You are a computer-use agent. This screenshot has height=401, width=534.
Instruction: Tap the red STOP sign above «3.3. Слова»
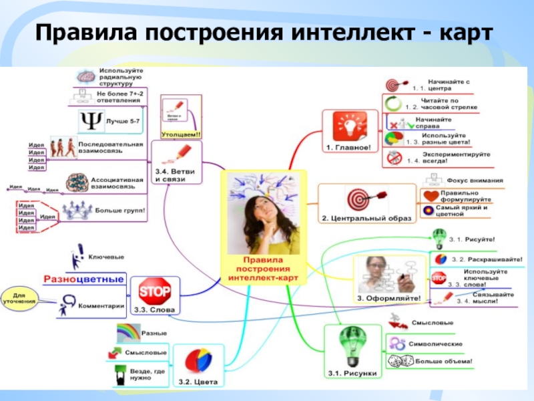pyautogui.click(x=154, y=291)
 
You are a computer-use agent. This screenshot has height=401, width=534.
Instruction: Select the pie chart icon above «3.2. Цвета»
pyautogui.click(x=198, y=361)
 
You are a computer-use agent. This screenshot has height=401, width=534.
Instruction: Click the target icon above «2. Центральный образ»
pyautogui.click(x=358, y=198)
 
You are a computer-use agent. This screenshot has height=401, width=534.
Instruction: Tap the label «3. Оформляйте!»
pyautogui.click(x=388, y=298)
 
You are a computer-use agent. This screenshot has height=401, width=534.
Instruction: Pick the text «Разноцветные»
pyautogui.click(x=83, y=279)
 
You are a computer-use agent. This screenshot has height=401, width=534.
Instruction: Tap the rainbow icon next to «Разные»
pyautogui.click(x=130, y=332)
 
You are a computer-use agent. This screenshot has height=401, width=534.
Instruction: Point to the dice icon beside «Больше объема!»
pyautogui.click(x=398, y=362)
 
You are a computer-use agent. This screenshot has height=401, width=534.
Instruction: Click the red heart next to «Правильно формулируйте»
pyautogui.click(x=430, y=196)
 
